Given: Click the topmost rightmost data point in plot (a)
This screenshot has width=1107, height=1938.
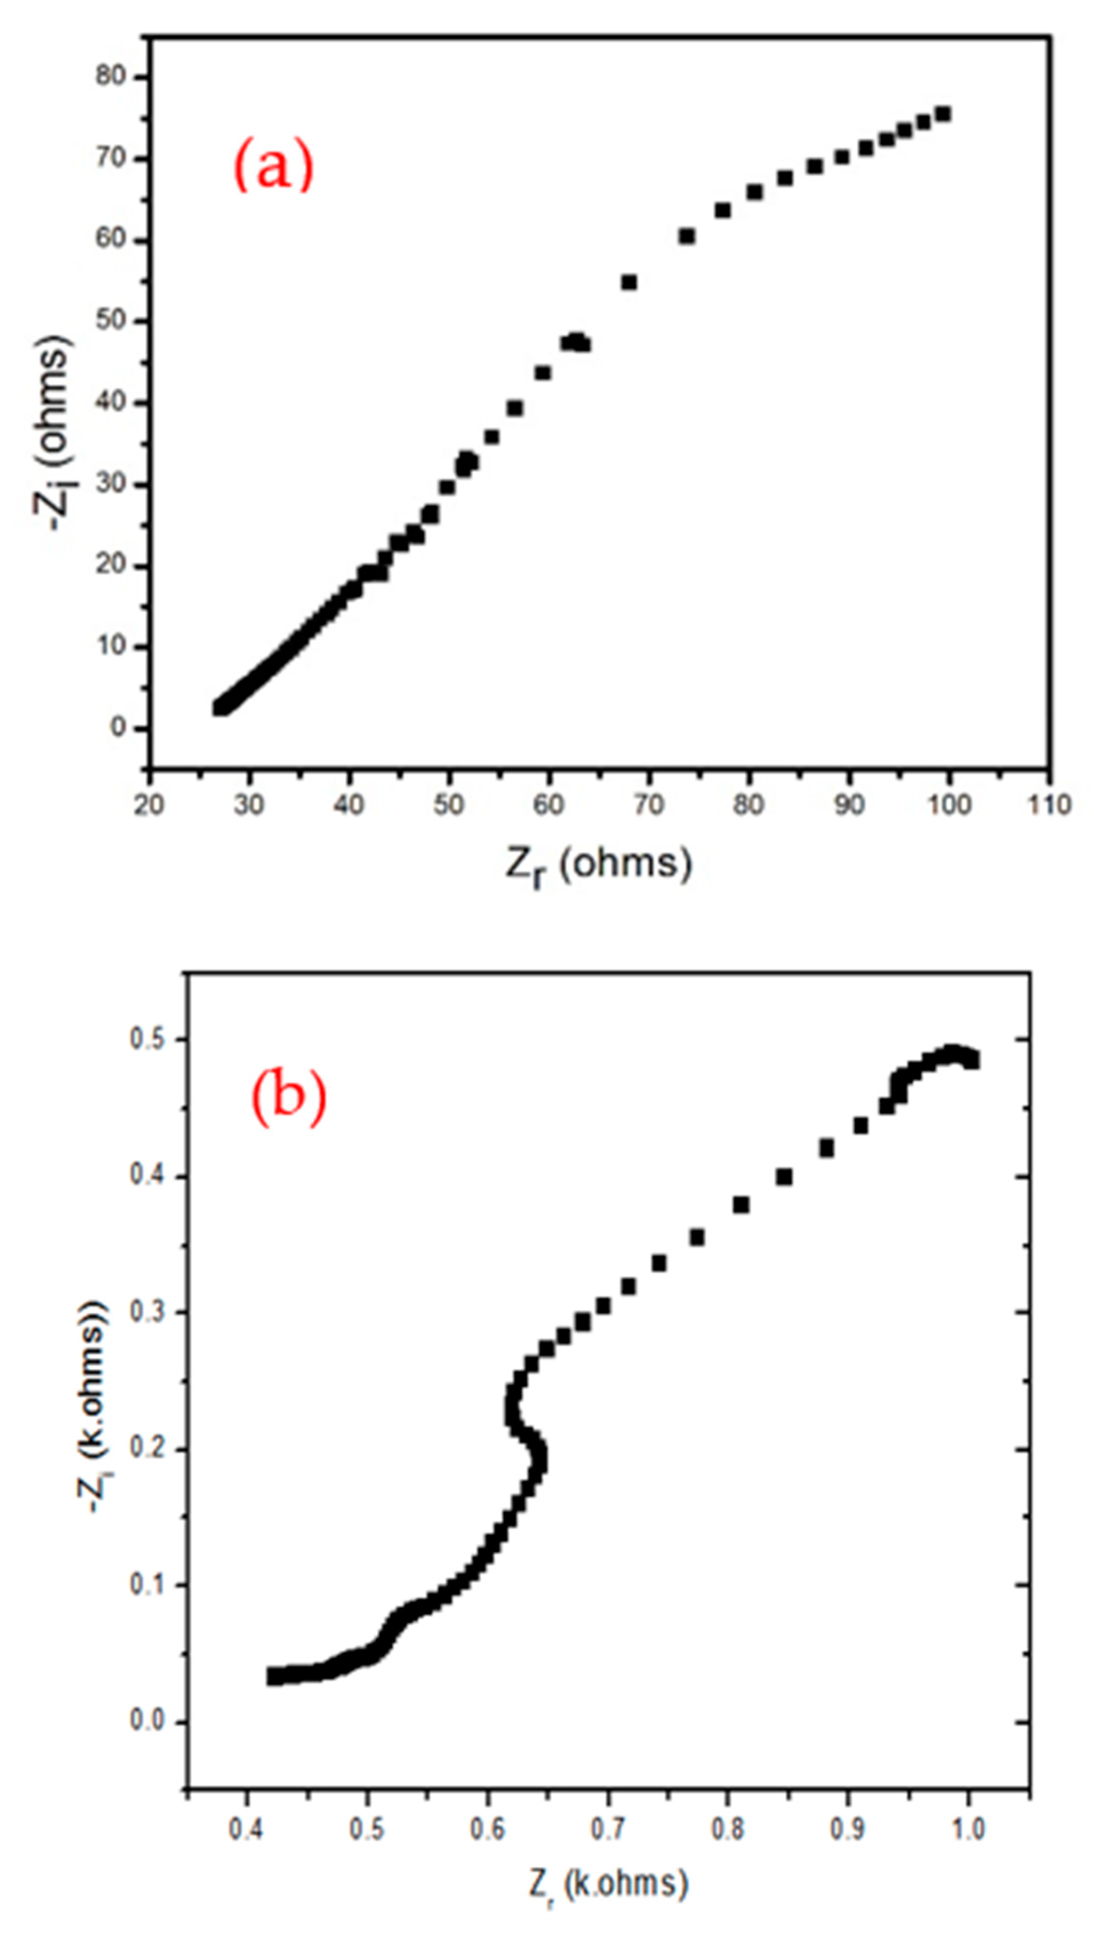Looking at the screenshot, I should pyautogui.click(x=943, y=114).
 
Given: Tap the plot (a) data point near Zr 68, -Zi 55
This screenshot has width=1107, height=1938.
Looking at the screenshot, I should pyautogui.click(x=629, y=282).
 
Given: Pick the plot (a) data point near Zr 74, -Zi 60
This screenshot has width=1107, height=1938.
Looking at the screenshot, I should pyautogui.click(x=686, y=236).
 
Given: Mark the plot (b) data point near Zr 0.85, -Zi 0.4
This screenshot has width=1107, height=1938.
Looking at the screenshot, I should pyautogui.click(x=784, y=1178).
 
